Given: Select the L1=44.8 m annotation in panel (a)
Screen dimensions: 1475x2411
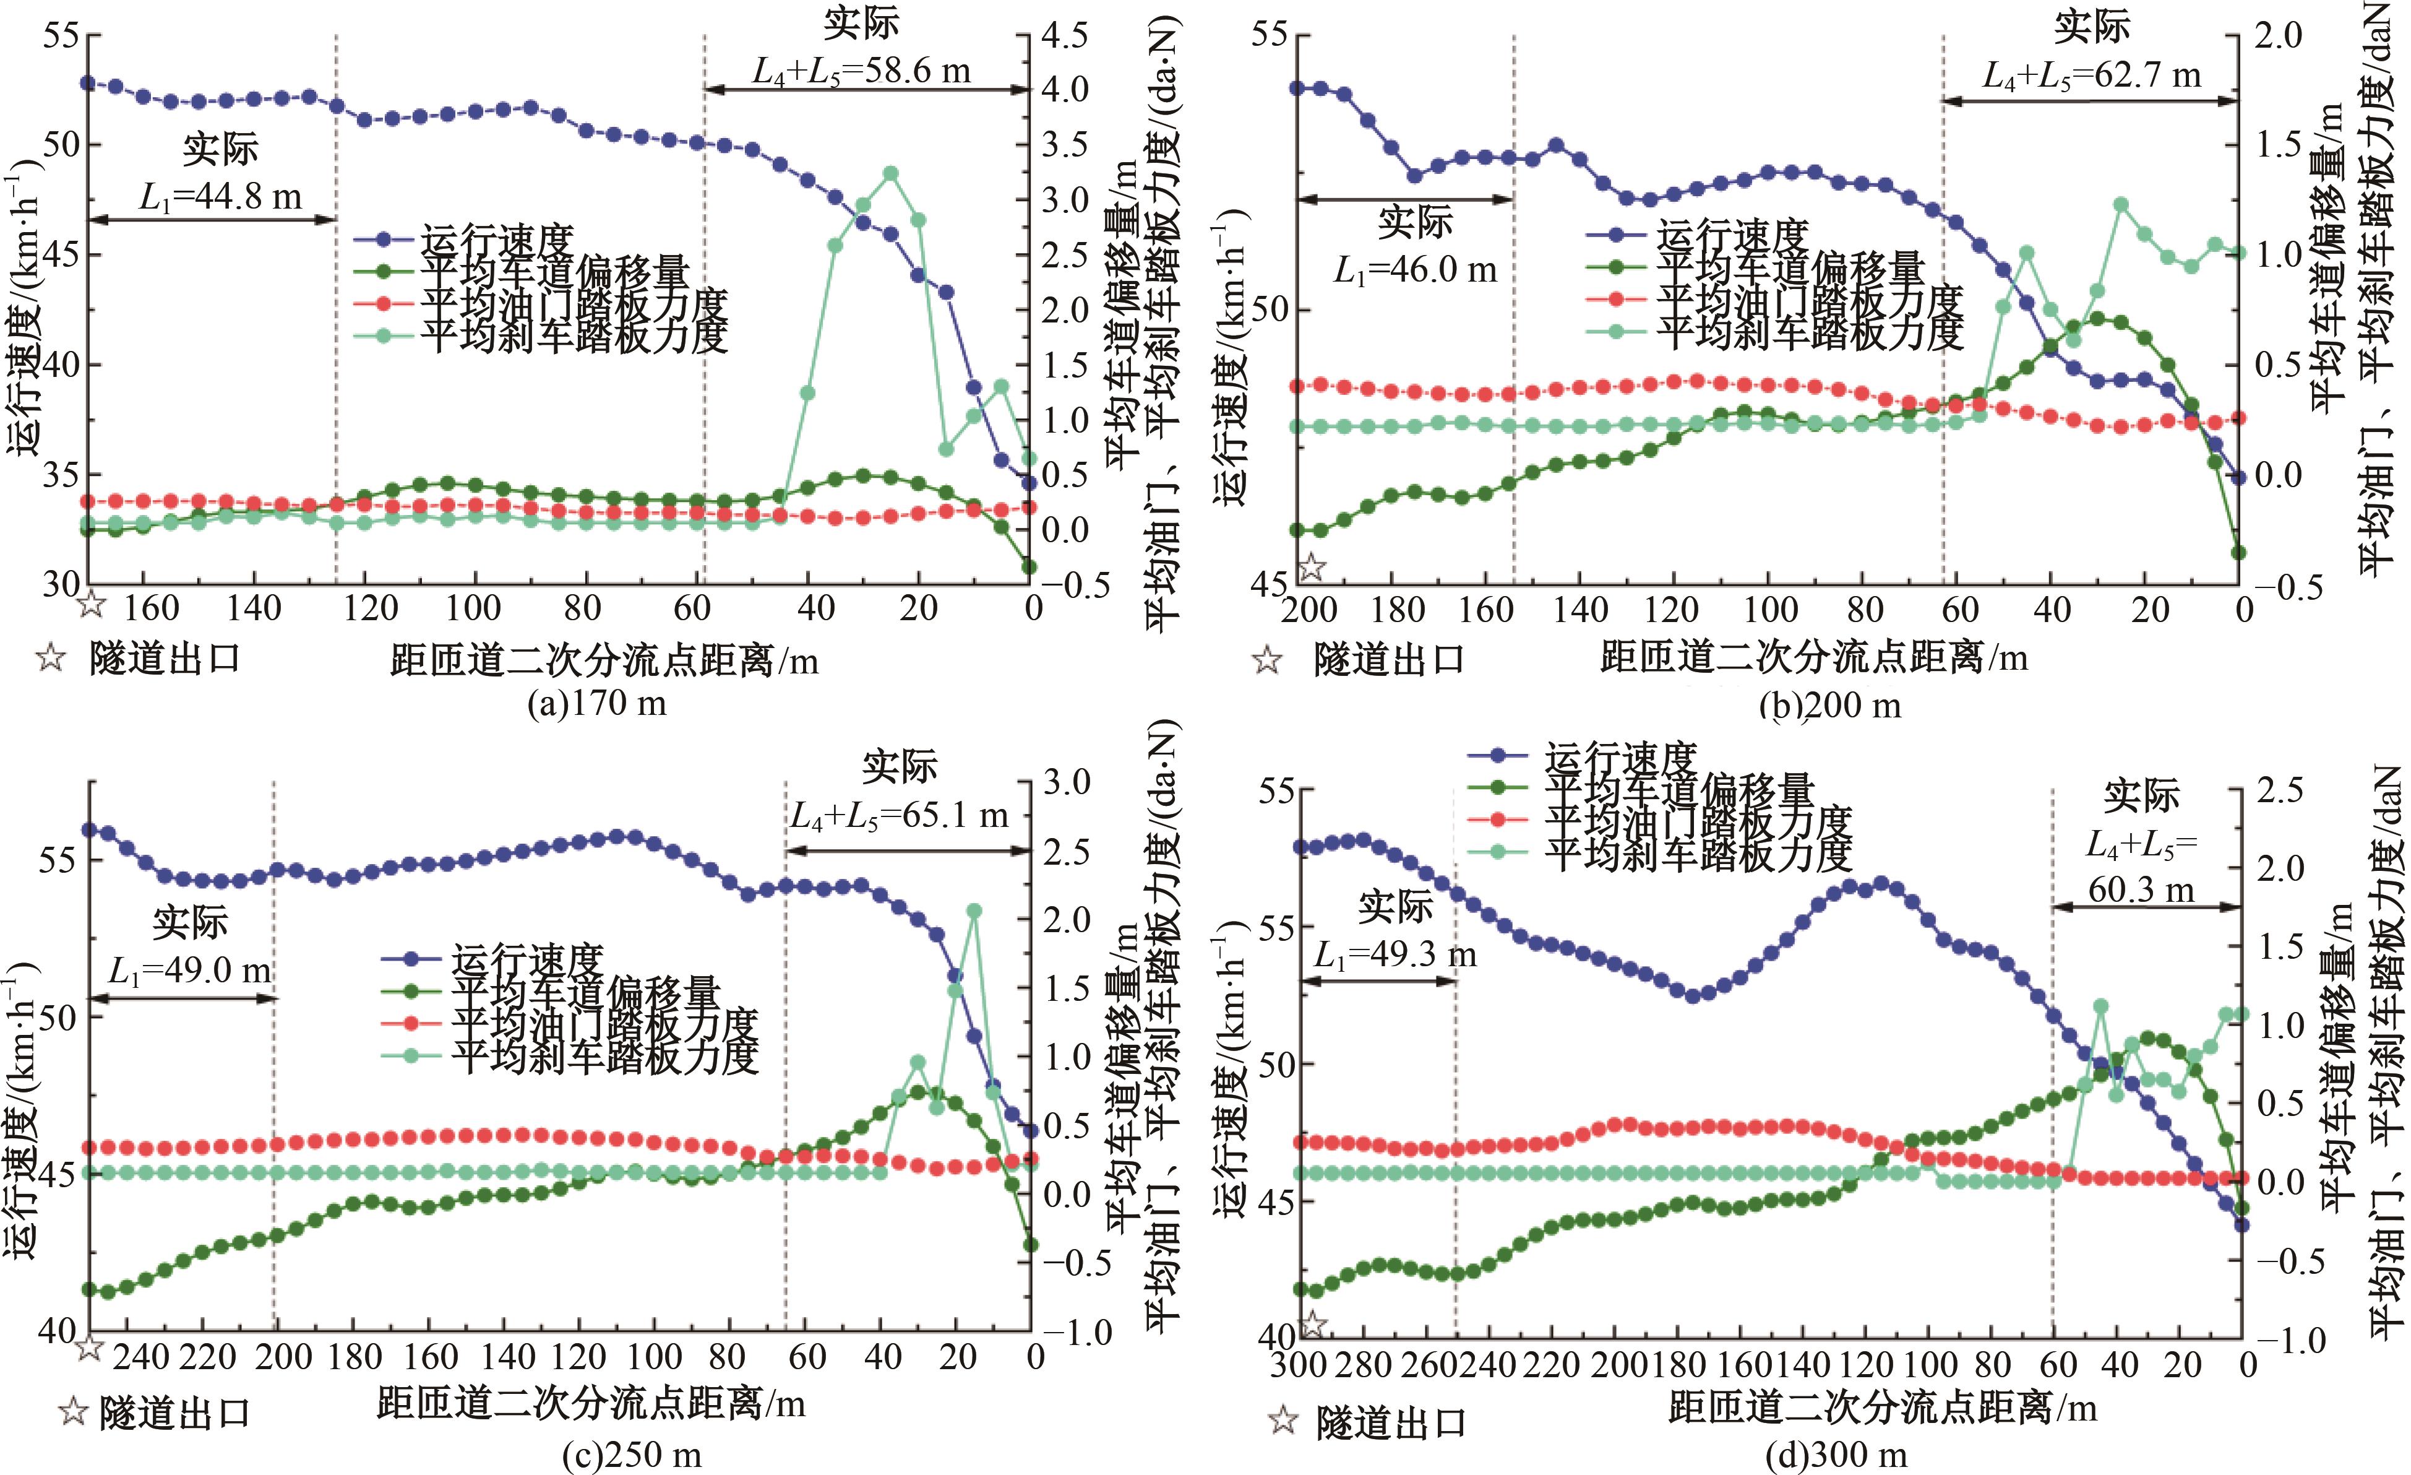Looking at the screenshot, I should point(220,197).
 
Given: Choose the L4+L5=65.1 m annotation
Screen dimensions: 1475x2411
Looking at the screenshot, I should point(899,815).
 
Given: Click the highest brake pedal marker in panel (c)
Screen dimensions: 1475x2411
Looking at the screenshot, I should point(974,911).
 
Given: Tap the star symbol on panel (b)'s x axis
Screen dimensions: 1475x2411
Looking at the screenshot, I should point(1311,567).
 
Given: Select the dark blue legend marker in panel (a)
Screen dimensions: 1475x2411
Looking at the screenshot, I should point(385,239).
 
